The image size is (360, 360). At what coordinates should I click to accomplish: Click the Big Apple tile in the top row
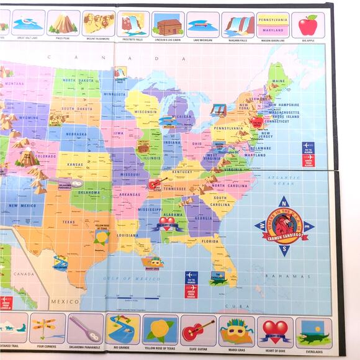click(307, 25)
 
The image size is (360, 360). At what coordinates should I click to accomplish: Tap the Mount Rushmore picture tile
click(99, 24)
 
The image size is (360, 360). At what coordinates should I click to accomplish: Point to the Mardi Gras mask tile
click(235, 330)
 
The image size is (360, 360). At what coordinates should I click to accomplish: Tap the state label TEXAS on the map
click(68, 222)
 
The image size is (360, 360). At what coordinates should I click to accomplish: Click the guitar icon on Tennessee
click(157, 184)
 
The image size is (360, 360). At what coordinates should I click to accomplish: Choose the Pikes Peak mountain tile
click(63, 24)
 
